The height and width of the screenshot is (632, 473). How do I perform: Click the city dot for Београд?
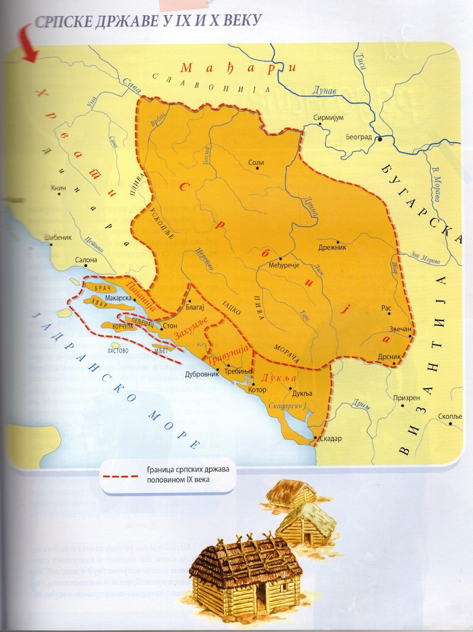point(379,139)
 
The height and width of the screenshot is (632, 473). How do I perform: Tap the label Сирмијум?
point(328,118)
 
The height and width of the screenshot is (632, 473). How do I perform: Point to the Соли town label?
point(256,162)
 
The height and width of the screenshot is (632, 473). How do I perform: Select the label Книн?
point(58,188)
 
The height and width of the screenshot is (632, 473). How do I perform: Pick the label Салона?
point(86,260)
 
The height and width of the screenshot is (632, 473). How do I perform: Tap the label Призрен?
point(406,398)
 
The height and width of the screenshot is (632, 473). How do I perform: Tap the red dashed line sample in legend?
point(120,476)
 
